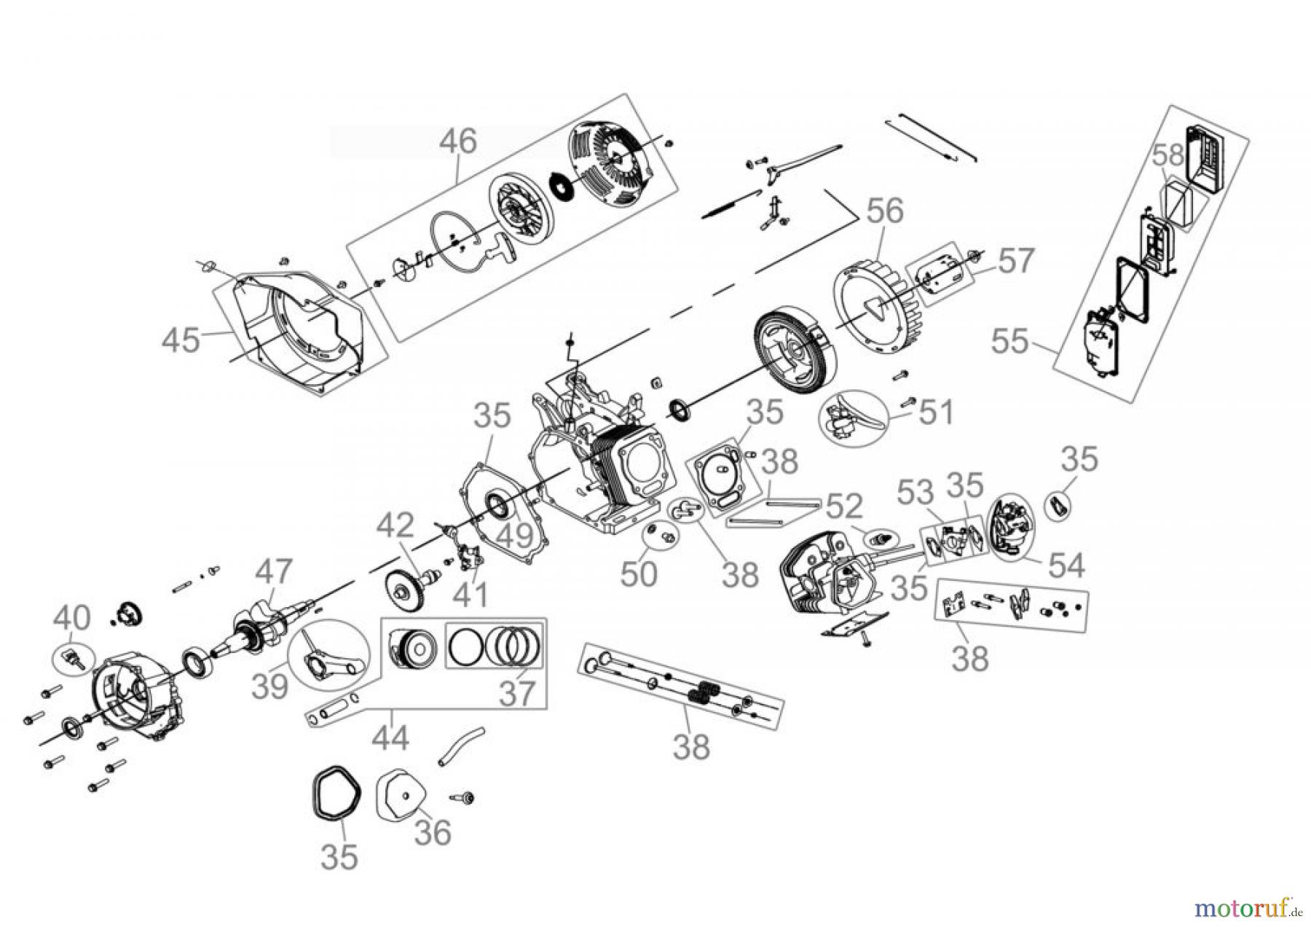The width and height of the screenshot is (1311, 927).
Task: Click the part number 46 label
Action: point(457,141)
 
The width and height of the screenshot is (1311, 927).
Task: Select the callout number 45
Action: point(181,340)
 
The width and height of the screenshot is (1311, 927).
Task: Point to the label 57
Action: point(1015,260)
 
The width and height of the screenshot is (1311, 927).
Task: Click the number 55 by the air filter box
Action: point(1010,341)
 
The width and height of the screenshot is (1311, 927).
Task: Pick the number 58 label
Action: point(1168,155)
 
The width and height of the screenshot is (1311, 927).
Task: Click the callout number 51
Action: point(936,412)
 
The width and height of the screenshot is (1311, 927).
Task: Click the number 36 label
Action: point(433,832)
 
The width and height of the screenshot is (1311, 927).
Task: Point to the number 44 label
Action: point(390,738)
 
